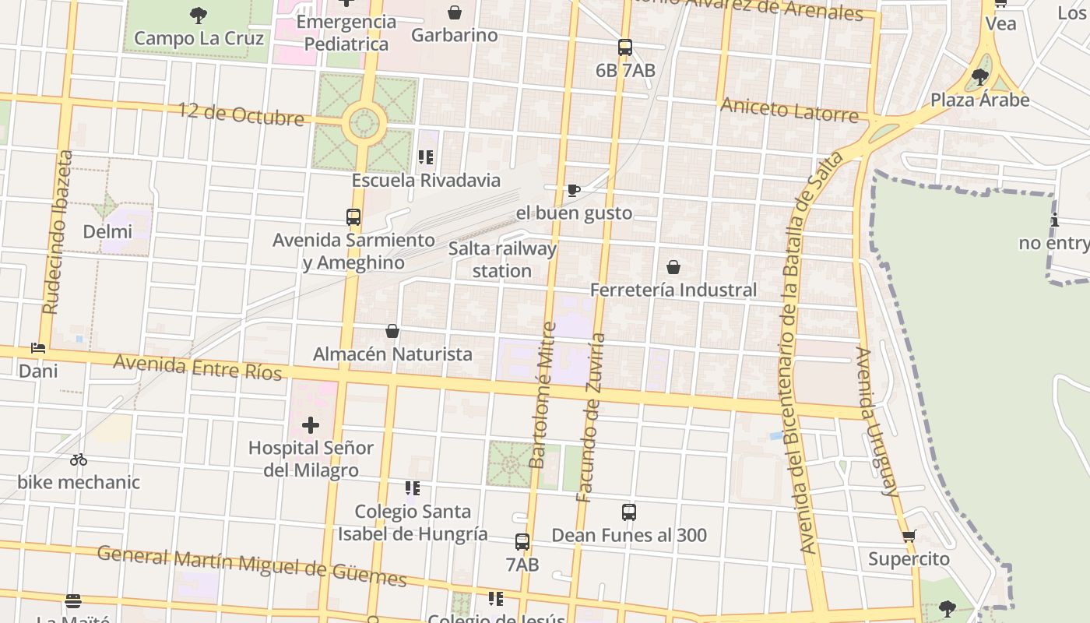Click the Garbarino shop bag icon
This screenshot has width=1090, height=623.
[x=455, y=12]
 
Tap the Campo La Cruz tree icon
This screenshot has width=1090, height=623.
[x=199, y=14]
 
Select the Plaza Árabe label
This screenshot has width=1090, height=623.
[x=979, y=100]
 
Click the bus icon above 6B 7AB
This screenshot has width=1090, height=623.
[x=625, y=48]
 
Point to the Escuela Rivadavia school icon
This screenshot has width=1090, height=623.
[x=425, y=157]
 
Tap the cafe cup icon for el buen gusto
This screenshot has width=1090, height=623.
[x=574, y=190]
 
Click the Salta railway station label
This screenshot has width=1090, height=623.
[x=502, y=260]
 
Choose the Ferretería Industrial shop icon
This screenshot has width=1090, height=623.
[x=673, y=267]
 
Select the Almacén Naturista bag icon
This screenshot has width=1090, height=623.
[x=392, y=332]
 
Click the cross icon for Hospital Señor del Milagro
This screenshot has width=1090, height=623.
[x=311, y=425]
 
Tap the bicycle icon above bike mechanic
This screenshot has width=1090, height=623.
[x=79, y=459]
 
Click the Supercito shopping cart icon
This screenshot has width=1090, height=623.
[x=909, y=537]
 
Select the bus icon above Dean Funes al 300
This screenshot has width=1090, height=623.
[x=629, y=512]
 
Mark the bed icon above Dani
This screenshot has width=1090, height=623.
[x=38, y=348]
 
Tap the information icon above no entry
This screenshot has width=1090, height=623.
[x=1055, y=220]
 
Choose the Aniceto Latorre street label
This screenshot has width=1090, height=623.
[x=789, y=109]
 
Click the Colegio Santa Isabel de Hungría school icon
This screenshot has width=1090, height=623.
[x=413, y=489]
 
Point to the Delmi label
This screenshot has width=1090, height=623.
[x=107, y=231]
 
